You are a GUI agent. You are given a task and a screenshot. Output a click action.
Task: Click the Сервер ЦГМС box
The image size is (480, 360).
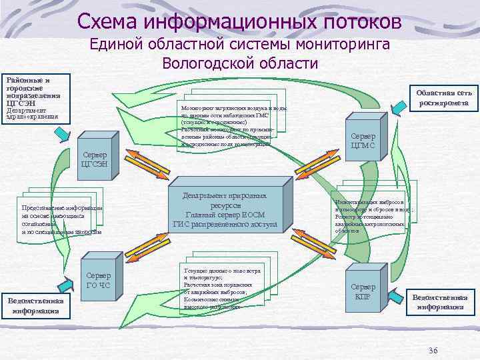click(362, 141)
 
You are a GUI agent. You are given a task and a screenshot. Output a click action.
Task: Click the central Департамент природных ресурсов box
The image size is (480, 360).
click(229, 211)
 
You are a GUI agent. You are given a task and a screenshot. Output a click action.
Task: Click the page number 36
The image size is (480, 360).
click(433, 351)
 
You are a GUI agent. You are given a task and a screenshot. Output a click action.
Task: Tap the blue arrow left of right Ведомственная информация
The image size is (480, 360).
click(398, 303)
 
